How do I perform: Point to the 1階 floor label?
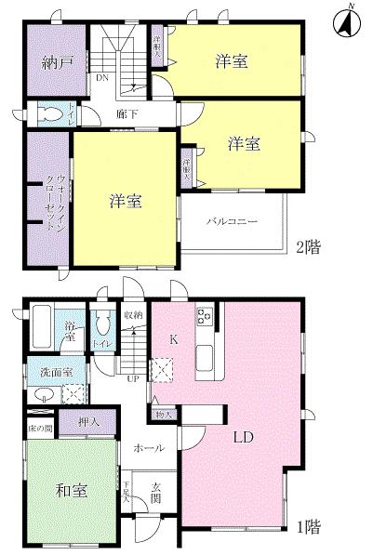click(310, 527)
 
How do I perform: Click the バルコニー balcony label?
click(232, 221)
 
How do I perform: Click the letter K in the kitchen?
click(173, 340)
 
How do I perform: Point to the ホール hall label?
click(149, 448)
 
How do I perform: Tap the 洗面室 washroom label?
click(50, 371)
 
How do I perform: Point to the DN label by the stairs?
click(100, 78)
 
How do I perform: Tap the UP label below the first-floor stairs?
click(132, 378)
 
